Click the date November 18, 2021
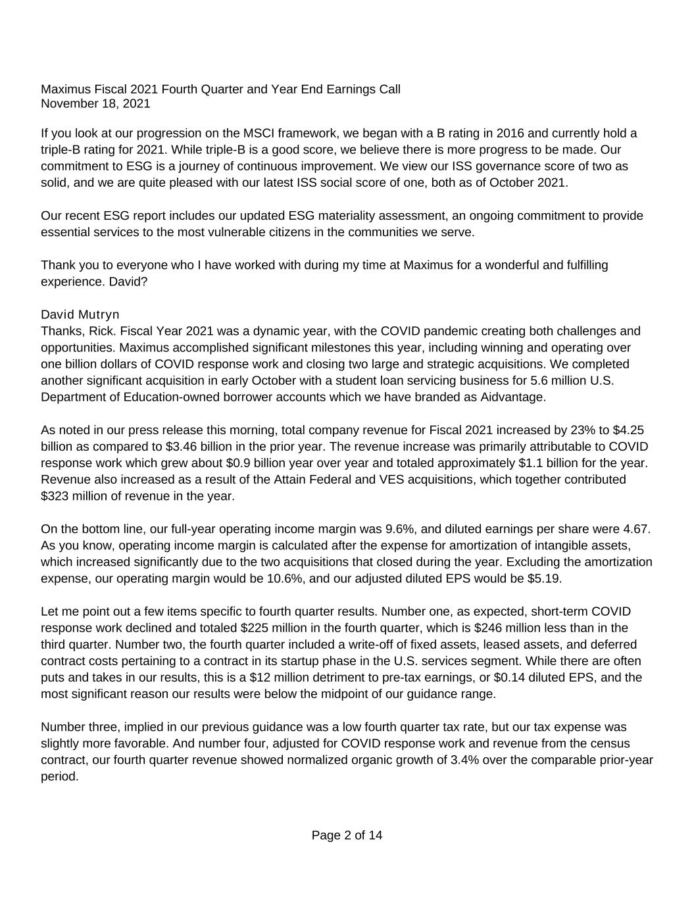(95, 103)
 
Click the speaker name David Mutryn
(80, 314)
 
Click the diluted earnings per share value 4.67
(635, 529)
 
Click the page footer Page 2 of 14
(347, 836)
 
